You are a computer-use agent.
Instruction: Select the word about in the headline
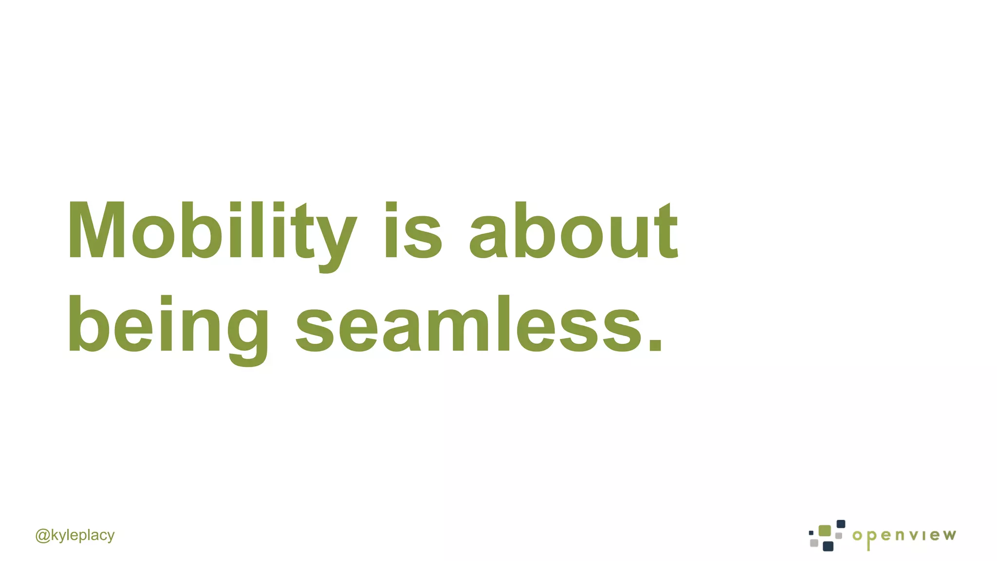pos(573,230)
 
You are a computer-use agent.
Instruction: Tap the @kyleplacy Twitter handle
pos(75,535)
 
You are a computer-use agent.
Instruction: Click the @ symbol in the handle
pos(42,536)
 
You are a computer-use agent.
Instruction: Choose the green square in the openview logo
pos(825,531)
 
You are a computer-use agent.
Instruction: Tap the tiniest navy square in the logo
pos(811,533)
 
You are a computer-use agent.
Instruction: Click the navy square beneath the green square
pos(828,546)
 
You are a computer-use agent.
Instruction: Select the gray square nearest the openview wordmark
pos(839,536)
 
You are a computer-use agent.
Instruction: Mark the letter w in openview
pos(950,536)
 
